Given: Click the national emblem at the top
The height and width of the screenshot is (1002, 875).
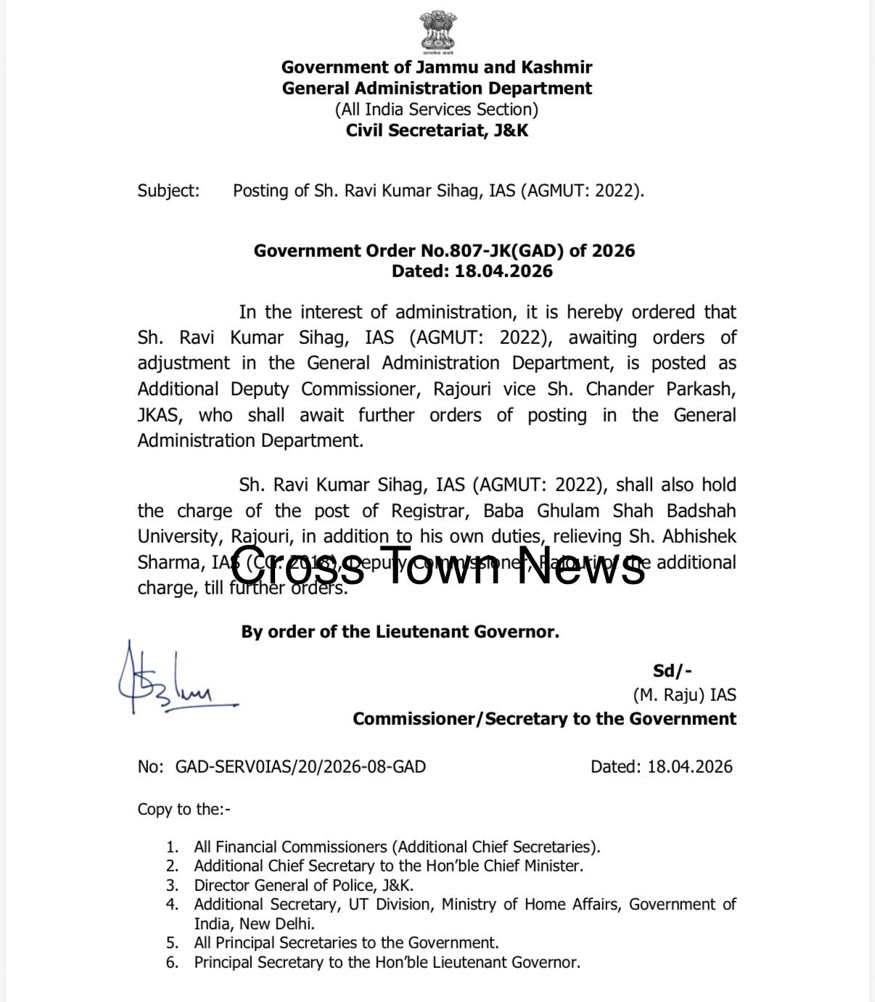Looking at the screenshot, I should coord(437,32).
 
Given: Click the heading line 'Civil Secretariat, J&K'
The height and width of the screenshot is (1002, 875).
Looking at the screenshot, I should coord(437,131).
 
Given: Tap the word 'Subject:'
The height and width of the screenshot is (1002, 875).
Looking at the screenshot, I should coord(168,191).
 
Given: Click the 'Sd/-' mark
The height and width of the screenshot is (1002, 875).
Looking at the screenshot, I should coord(672,671).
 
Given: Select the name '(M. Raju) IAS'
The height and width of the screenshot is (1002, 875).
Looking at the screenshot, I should coord(684,695).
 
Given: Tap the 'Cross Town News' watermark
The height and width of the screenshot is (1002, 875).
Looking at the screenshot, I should coord(437,566).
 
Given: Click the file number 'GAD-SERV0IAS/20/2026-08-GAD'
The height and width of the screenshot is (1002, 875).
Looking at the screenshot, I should coord(300,767).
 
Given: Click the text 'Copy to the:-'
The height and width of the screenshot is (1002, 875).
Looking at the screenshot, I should coord(184,809).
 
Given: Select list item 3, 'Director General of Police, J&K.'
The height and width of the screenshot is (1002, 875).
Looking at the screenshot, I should coord(303,885).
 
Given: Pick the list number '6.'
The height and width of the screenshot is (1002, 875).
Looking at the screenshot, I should coord(172,963).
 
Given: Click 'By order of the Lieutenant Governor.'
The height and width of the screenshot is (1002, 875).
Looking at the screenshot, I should coord(400,632).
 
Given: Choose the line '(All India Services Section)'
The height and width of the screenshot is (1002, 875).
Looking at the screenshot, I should coord(437,110).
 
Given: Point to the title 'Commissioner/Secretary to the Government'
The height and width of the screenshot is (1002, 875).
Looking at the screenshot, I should coord(544,719).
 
